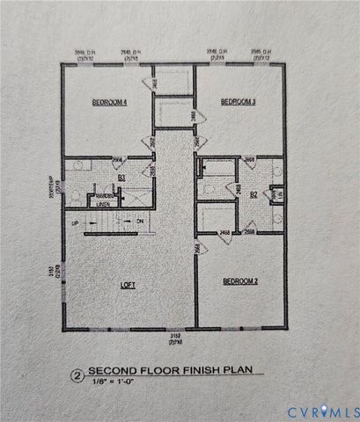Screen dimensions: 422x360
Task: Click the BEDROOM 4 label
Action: coord(110,103)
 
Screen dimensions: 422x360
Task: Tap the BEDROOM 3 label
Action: coord(239,103)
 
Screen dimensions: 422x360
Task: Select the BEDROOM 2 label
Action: coord(239,281)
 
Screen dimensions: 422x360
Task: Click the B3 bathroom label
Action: coord(121,177)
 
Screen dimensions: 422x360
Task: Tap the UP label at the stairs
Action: coord(75,223)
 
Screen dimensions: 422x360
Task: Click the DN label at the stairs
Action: coord(140,223)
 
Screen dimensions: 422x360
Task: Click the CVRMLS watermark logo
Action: coord(320,410)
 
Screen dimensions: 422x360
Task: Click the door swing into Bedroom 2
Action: coord(202,250)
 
